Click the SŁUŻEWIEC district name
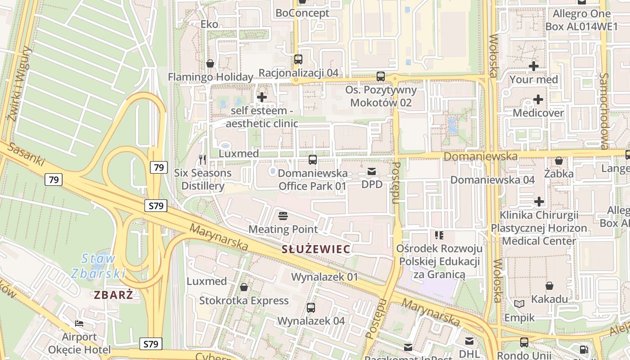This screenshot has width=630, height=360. [x=315, y=249]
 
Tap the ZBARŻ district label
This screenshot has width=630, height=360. [x=114, y=295]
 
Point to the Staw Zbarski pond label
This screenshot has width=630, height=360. [x=99, y=265]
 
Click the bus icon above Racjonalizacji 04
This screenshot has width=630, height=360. [x=298, y=59]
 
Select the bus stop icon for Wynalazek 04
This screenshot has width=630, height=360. [x=310, y=308]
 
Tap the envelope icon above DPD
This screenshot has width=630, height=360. [x=372, y=171]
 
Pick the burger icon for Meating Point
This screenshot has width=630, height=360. [x=283, y=216]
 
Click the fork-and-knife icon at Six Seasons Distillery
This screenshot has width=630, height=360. [x=202, y=159]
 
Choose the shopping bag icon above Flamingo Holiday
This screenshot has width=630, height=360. [x=210, y=63]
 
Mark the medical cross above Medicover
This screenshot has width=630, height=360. [x=538, y=99]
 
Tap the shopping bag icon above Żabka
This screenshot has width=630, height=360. [x=558, y=161]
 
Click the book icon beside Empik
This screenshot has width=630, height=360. [x=519, y=304]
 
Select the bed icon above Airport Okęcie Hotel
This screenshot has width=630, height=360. [x=79, y=324]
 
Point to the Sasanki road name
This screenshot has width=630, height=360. [x=27, y=154]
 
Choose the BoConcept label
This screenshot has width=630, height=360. [x=302, y=13]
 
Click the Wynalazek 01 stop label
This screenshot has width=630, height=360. [x=324, y=277]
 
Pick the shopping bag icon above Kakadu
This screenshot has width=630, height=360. [x=549, y=286]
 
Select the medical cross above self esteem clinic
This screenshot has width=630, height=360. [x=261, y=97]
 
